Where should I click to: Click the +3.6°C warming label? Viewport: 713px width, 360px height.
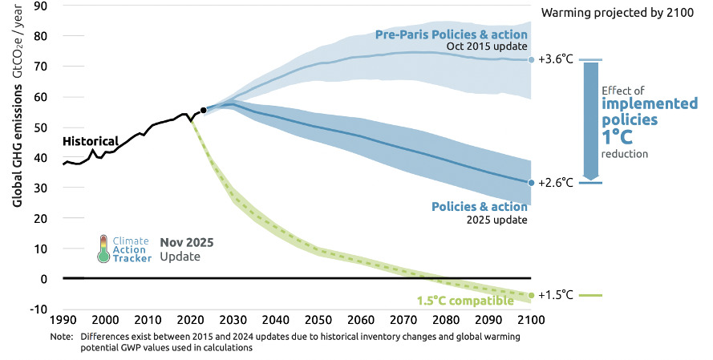[x=556, y=59]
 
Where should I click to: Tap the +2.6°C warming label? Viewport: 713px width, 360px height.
[x=556, y=183]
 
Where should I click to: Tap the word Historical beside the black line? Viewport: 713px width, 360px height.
[x=90, y=141]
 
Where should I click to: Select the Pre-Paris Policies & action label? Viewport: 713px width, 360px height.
[x=452, y=34]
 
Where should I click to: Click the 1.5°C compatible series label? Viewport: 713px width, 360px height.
[x=464, y=301]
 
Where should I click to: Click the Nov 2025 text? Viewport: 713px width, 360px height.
[x=187, y=242]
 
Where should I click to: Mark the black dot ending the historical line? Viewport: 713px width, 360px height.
[x=204, y=110]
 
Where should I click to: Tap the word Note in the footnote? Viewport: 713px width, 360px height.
[x=61, y=337]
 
